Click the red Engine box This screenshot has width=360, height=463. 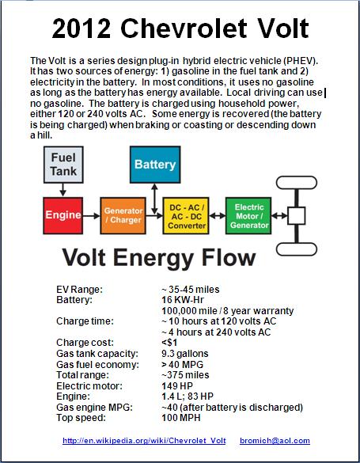coord(63,215)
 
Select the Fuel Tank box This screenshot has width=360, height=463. coord(63,165)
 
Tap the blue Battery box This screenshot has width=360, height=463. coord(155,165)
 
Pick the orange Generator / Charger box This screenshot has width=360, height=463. coord(123,215)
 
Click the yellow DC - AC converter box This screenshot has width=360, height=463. coord(186,215)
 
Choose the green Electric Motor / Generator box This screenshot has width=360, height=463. coord(248,215)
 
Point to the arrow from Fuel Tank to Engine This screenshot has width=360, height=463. coord(63,190)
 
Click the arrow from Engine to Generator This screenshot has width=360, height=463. coord(92,216)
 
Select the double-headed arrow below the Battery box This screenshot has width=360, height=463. coord(154,199)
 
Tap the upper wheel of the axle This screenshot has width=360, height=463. coord(297,183)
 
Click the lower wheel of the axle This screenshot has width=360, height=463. coord(297,249)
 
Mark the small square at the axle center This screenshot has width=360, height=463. coord(296,216)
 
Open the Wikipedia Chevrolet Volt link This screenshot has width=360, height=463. coord(144,441)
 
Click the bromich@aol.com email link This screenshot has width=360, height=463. coord(275,441)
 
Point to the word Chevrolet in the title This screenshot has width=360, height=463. coord(184,28)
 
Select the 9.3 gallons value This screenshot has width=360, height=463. coord(185,354)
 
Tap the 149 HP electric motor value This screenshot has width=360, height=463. coord(177,385)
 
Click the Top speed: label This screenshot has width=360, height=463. coord(81,418)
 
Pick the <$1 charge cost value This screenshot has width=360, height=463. coord(169,343)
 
